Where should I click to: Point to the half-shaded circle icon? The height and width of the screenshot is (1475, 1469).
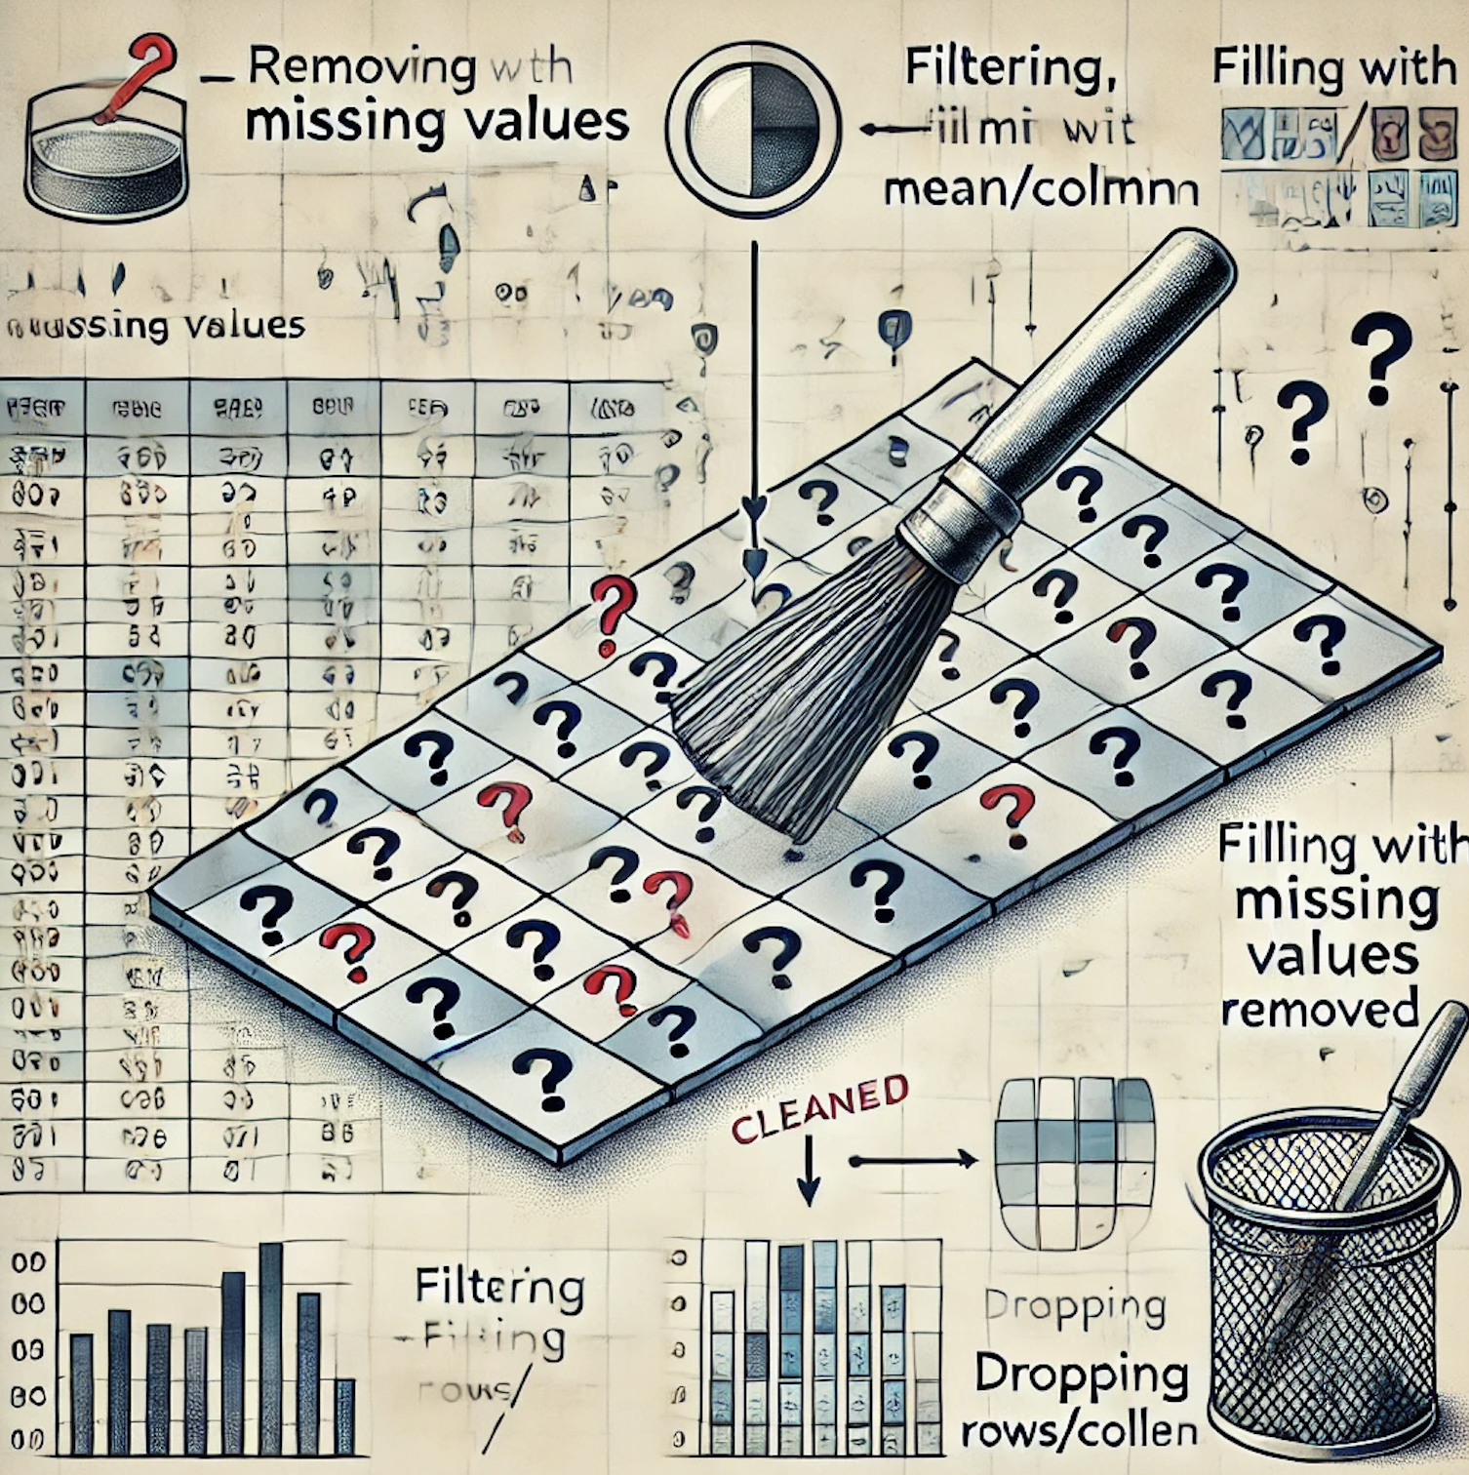(x=752, y=128)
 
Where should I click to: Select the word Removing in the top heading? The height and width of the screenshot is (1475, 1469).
(x=362, y=67)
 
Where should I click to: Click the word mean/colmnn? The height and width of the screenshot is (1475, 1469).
(x=1040, y=190)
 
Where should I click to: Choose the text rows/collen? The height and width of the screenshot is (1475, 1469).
(x=1079, y=1431)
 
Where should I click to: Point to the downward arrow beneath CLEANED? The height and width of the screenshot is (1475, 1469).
(x=809, y=1176)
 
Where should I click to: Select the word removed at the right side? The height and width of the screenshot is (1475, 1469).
(x=1319, y=1009)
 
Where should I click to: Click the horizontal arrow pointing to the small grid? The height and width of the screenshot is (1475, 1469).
(x=912, y=1160)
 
